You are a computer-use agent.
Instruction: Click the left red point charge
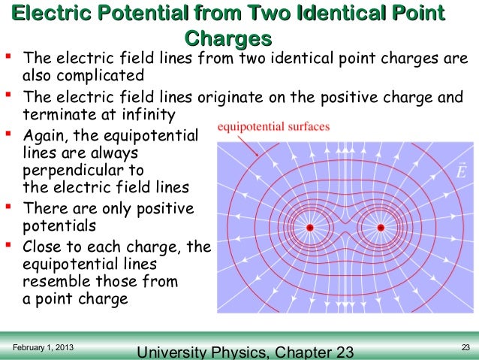pos(309,227)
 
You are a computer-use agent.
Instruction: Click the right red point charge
pos(381,227)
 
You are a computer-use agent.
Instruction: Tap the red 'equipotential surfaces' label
pos(273,127)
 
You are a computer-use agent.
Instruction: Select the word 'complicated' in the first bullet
pos(103,76)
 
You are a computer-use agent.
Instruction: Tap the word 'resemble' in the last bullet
pos(57,281)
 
